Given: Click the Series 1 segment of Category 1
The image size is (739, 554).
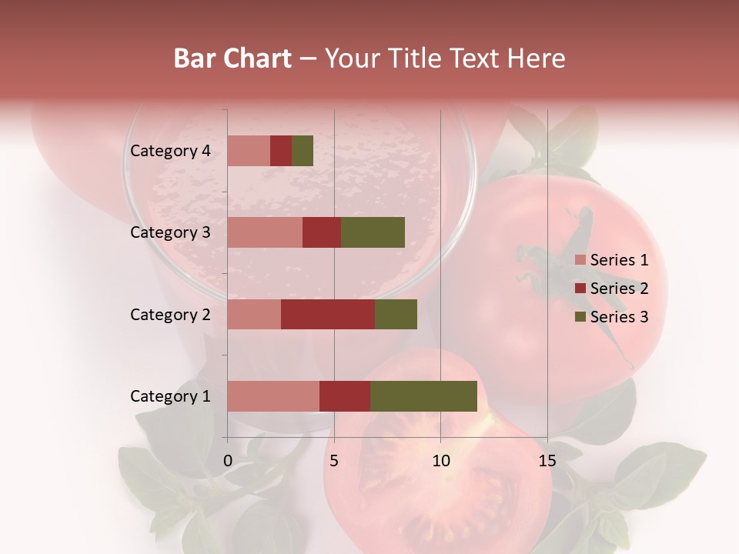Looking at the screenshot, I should (273, 396).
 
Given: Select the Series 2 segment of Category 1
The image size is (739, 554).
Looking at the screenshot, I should (345, 396).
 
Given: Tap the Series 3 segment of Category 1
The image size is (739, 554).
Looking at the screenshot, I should (423, 396).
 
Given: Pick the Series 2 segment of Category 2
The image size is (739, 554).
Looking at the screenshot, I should (328, 314).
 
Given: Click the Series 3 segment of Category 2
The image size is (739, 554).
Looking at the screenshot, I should (396, 314).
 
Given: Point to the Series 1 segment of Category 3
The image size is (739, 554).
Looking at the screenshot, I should (265, 232).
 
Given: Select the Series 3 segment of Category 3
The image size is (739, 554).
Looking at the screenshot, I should (373, 232).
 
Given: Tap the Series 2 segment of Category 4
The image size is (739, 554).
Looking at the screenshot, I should (281, 151).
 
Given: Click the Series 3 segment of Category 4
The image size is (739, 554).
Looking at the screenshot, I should (303, 151).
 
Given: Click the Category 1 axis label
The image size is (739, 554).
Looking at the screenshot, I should (170, 396).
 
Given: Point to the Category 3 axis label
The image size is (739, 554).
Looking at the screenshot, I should (170, 232).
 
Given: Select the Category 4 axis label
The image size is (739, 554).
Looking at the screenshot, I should (170, 151).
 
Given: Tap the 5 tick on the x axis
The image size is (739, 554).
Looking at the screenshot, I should (334, 461).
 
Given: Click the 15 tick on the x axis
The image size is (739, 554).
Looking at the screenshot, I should (547, 461).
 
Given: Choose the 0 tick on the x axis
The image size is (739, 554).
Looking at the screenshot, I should (228, 461).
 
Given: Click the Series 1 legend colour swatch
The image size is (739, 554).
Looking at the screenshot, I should (580, 260).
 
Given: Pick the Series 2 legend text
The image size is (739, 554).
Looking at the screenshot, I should (619, 289).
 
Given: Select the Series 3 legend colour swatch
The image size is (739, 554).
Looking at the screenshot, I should (580, 317).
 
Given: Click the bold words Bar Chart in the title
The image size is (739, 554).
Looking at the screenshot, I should (232, 58).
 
